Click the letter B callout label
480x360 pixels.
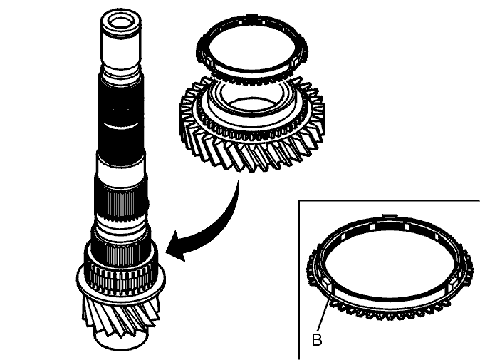click(317, 339)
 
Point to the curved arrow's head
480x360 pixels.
click(177, 246)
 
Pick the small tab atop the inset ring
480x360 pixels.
click(388, 217)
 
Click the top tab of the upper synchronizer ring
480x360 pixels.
click(251, 15)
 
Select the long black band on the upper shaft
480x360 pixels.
click(121, 113)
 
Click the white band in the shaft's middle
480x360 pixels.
click(120, 168)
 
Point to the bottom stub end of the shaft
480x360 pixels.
click(121, 341)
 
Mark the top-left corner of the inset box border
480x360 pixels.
click(299, 201)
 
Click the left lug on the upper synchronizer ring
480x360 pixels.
click(209, 62)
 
